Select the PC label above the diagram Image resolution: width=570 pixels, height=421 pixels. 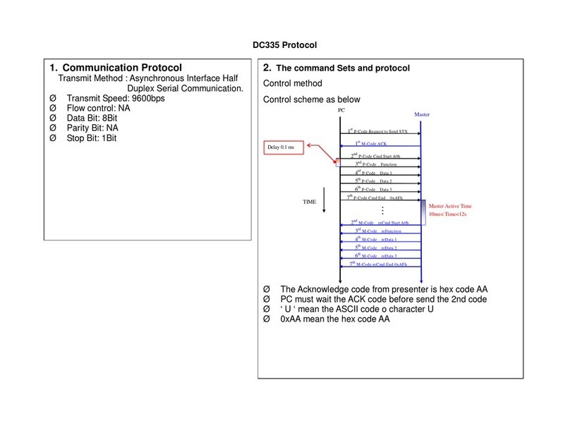point(341,111)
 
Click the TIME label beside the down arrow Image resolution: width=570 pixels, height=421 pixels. point(310,202)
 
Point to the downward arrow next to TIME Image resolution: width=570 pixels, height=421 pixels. point(324,200)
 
